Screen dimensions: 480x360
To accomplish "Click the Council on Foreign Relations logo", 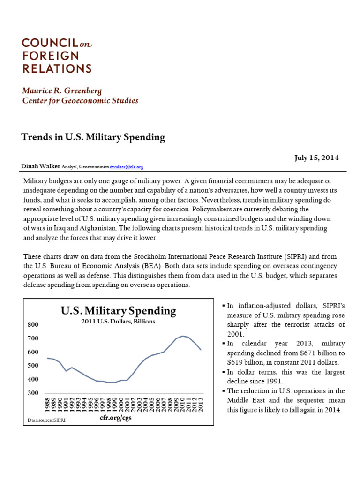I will point(57,56).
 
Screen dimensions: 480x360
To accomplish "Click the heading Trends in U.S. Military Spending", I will point(93,137).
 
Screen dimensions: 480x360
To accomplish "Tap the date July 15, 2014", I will point(316,157).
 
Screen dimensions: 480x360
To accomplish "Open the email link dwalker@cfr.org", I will point(126,167).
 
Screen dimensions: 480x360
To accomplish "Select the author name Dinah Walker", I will point(41,166).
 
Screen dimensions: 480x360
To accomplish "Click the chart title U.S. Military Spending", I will point(119,310).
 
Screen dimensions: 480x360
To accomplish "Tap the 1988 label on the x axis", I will point(48,405).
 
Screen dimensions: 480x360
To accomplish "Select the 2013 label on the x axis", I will point(201,405).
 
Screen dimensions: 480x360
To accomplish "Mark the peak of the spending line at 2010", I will point(183,336).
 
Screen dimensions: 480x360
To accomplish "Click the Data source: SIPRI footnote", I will point(46,420).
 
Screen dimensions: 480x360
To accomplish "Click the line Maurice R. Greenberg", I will point(61,90).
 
